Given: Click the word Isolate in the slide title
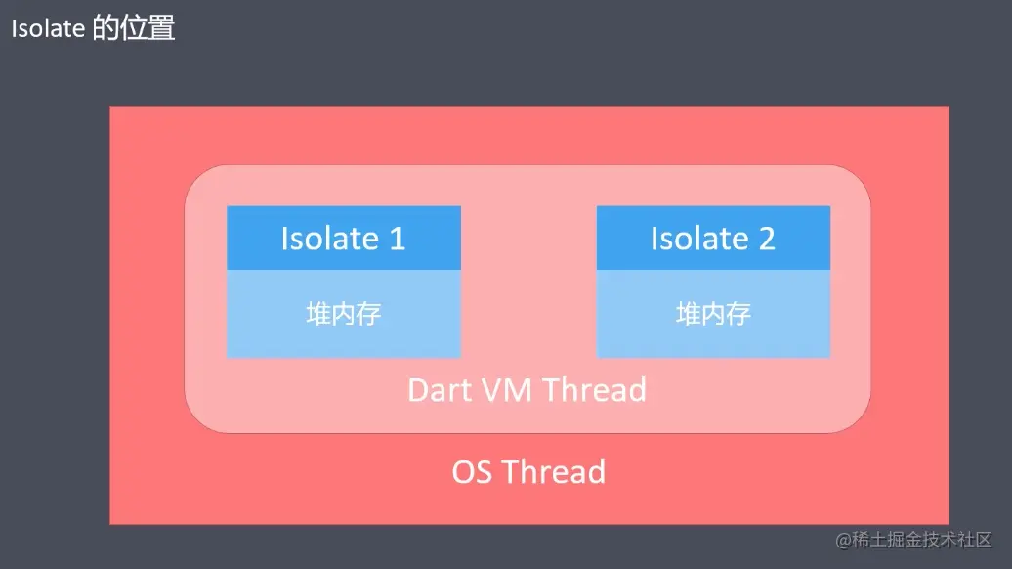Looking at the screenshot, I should coord(48,28).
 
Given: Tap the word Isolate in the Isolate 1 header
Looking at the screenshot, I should coord(329,239).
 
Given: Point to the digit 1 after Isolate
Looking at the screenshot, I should coord(397,239).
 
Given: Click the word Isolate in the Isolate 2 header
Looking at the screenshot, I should coord(699,239).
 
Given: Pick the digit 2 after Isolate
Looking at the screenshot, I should coord(767,239).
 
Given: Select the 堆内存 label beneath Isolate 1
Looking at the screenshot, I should coord(343,314).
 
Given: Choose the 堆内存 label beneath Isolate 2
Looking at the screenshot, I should coord(713,314).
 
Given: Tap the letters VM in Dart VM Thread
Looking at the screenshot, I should coord(508,390).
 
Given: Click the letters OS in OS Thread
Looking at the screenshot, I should coord(472,472).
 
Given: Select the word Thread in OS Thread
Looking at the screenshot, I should coord(554,472).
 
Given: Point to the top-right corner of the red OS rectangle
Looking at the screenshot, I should coord(947,109).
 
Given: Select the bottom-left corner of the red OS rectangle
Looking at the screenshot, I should coord(112,522).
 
